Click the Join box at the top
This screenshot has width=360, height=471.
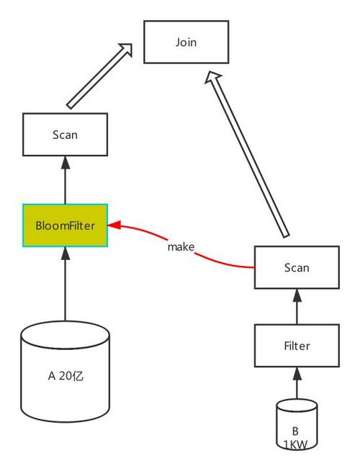click(x=186, y=42)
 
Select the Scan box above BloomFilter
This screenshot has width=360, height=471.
click(x=65, y=134)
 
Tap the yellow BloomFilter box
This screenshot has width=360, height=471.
click(x=65, y=225)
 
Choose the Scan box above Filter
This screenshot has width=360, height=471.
click(x=296, y=267)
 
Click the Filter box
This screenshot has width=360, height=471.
click(x=296, y=346)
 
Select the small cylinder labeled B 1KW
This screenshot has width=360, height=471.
click(x=296, y=425)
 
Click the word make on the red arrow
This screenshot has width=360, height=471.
click(x=181, y=247)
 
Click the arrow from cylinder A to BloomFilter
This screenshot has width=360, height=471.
click(x=65, y=284)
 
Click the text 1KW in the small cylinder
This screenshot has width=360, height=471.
click(x=296, y=445)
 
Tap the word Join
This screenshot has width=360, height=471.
click(x=186, y=42)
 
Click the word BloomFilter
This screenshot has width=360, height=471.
click(x=65, y=225)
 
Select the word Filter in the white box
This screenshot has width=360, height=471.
click(x=296, y=346)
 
